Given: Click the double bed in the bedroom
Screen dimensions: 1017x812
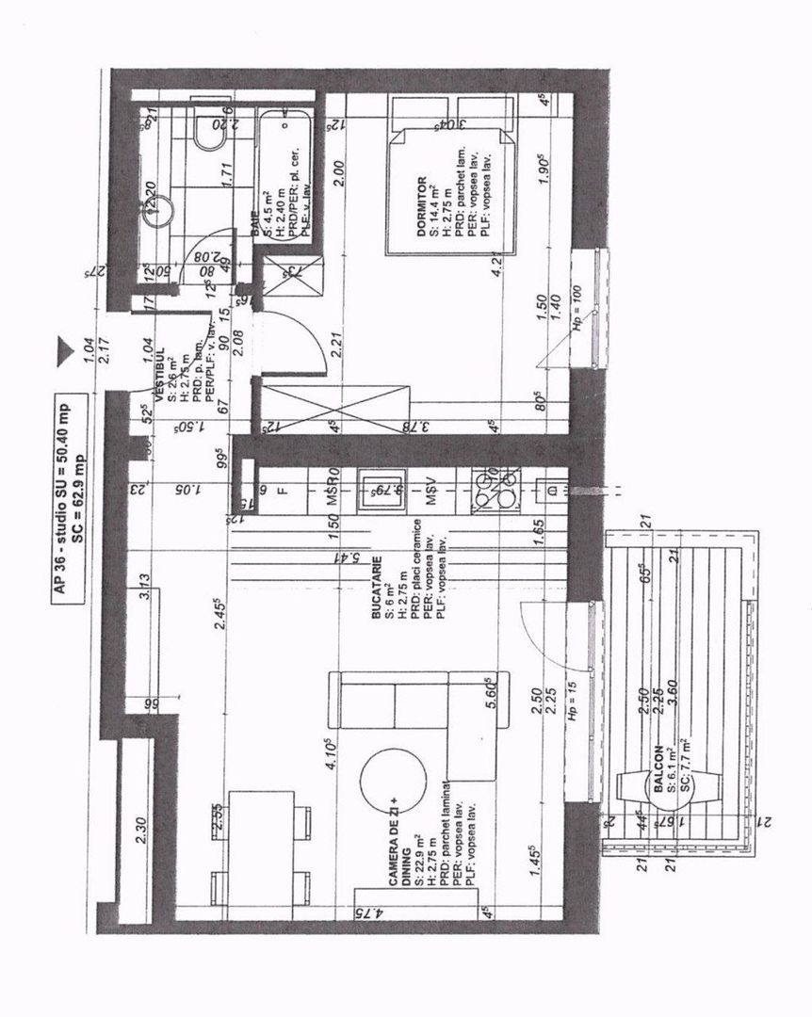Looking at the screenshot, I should coord(452,188).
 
